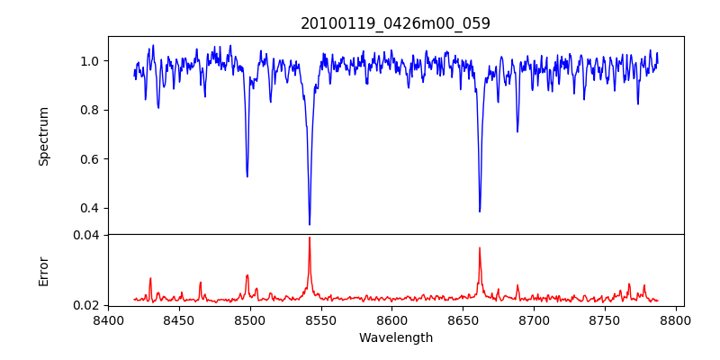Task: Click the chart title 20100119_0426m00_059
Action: [395, 23]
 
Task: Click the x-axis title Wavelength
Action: [395, 338]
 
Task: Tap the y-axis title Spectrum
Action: [44, 136]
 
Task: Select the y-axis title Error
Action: [44, 271]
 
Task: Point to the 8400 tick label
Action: [108, 320]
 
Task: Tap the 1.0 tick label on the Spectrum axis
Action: [90, 61]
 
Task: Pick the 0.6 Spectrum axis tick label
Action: [90, 159]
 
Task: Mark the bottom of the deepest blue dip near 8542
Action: [310, 224]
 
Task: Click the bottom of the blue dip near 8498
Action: [247, 176]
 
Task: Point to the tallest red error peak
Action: [310, 238]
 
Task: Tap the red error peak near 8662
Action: [480, 247]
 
